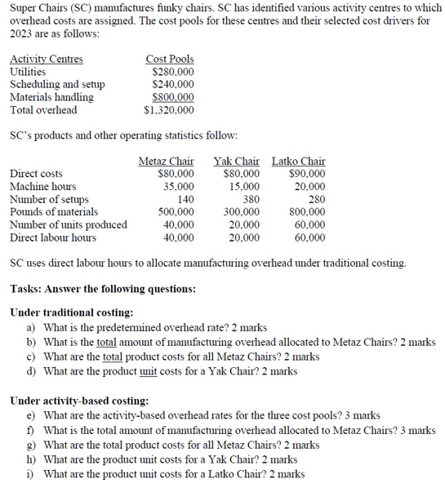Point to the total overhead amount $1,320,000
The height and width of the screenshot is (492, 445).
pyautogui.click(x=169, y=109)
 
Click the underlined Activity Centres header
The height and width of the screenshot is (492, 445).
pyautogui.click(x=46, y=60)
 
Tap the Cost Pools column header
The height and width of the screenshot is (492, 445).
pyautogui.click(x=170, y=60)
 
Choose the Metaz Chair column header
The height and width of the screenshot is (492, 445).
pyautogui.click(x=167, y=161)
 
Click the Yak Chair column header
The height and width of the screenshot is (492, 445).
pyautogui.click(x=236, y=161)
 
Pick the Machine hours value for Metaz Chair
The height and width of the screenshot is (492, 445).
pyautogui.click(x=177, y=186)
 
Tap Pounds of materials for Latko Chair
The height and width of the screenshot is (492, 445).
pyautogui.click(x=305, y=211)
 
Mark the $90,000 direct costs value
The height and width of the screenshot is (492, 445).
pyautogui.click(x=306, y=174)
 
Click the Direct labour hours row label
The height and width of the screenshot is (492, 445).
pyautogui.click(x=52, y=237)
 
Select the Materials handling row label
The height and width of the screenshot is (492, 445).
pyautogui.click(x=51, y=97)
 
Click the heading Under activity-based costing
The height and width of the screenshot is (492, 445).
pyautogui.click(x=79, y=401)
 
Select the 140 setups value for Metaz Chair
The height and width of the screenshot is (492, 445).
pyautogui.click(x=185, y=199)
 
